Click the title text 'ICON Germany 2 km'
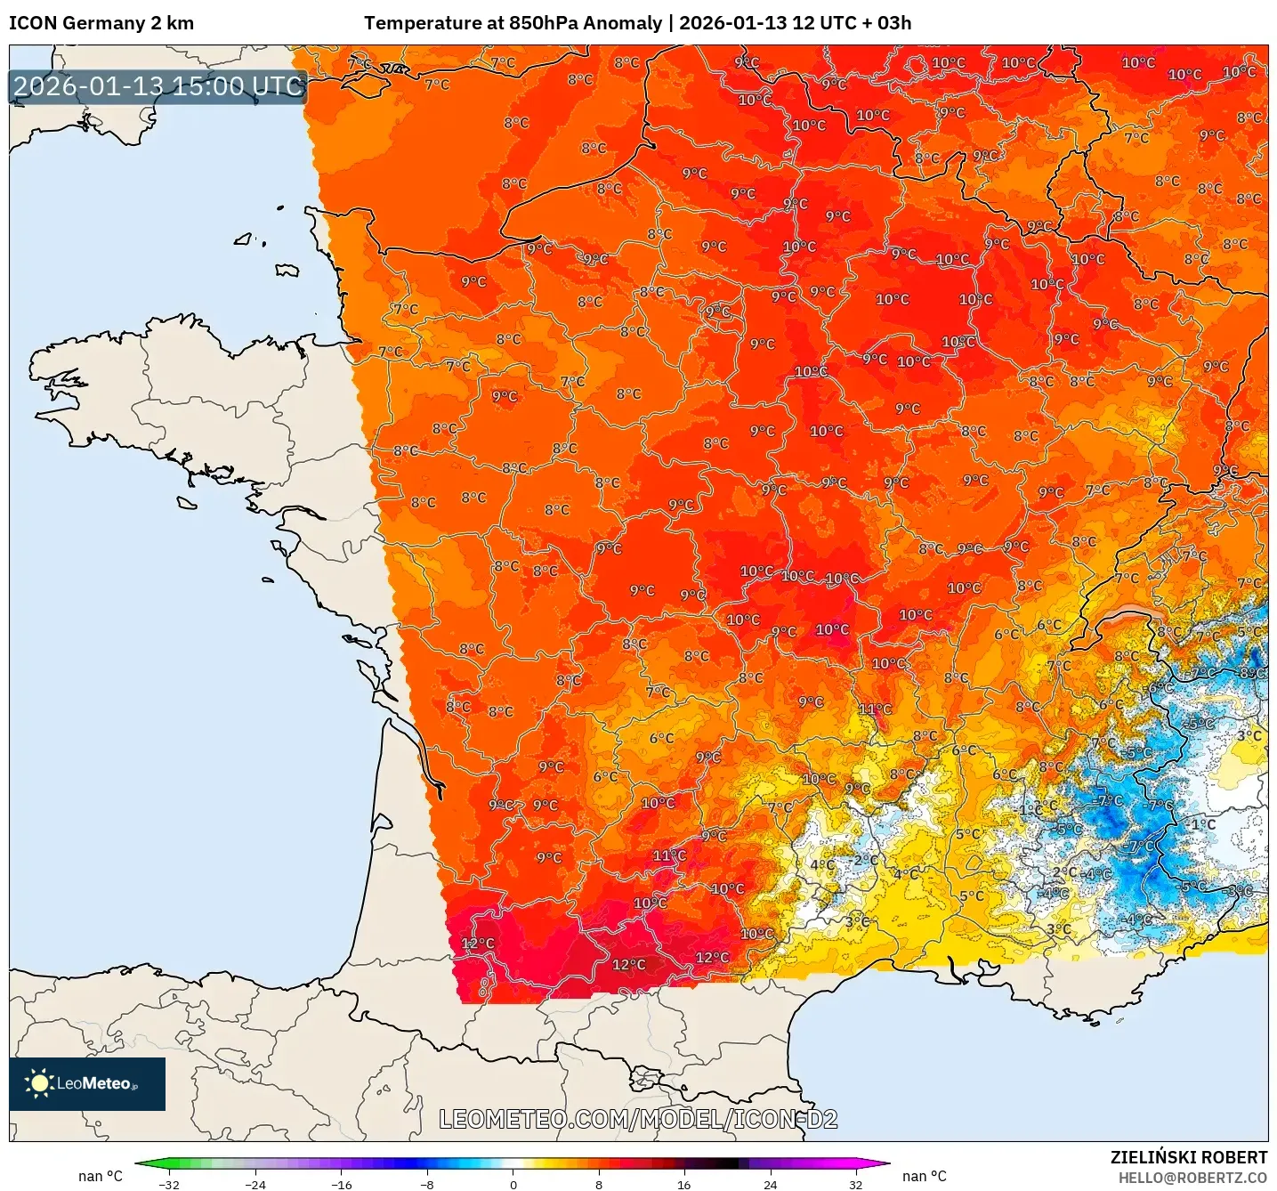(x=101, y=23)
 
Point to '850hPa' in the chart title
(x=541, y=23)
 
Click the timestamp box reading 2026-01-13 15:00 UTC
(x=158, y=87)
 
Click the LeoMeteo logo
(x=87, y=1083)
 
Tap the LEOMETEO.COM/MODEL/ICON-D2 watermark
(x=638, y=1119)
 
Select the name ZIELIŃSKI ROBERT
(x=1188, y=1157)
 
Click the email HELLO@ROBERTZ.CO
(x=1192, y=1177)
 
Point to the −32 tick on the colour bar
(x=169, y=1184)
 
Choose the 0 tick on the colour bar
(x=513, y=1184)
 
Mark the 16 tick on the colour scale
(x=683, y=1184)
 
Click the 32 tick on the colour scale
(x=855, y=1184)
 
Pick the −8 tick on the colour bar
(x=427, y=1184)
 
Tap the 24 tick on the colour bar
(x=770, y=1184)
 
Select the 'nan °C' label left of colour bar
(x=101, y=1176)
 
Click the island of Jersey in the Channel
(x=287, y=270)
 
